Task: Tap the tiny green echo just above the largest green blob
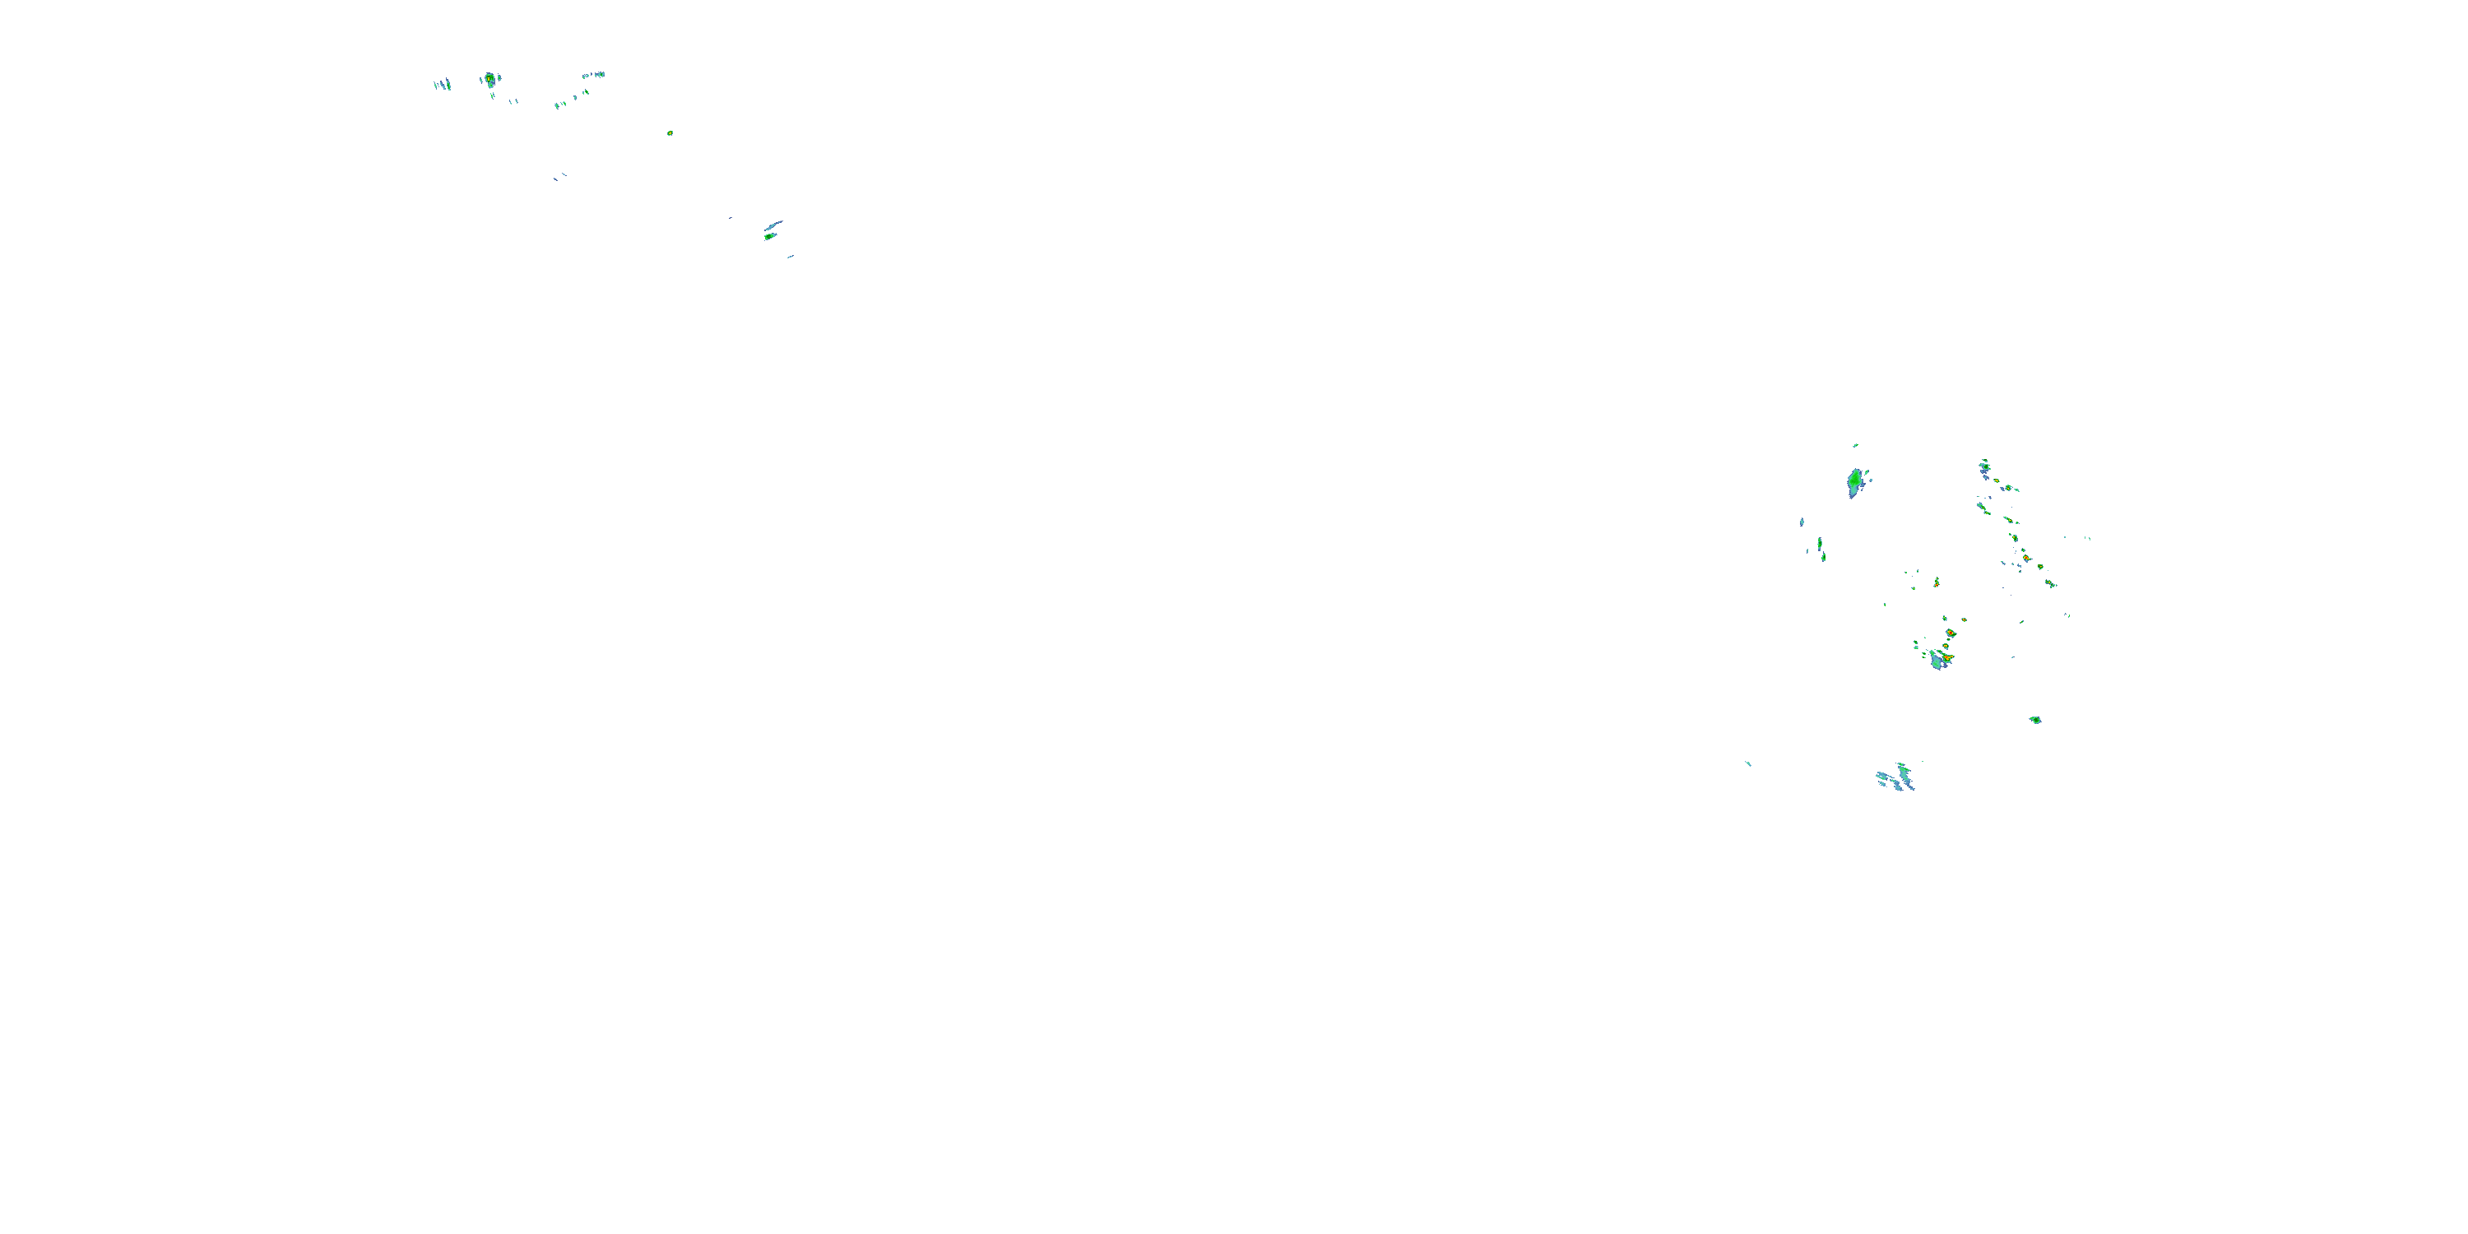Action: (x=1855, y=446)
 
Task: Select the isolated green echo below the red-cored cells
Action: (x=2035, y=720)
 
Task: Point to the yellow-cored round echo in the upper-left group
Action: (x=489, y=78)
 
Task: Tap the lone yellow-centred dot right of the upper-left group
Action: (x=670, y=133)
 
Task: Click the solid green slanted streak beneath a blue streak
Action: (x=769, y=235)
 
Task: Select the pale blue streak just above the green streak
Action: (x=774, y=225)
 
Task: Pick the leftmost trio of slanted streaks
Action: (x=443, y=84)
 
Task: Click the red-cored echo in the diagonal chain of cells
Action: (x=2026, y=558)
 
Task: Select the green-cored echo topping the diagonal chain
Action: (x=1984, y=465)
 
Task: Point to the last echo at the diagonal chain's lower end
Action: (x=2049, y=582)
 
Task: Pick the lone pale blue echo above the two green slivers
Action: (x=1801, y=522)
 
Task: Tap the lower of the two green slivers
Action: (x=1822, y=555)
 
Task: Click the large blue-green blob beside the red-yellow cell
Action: (x=1937, y=660)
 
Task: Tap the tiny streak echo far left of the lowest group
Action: (x=1748, y=763)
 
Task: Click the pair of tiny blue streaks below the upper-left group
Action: (x=559, y=176)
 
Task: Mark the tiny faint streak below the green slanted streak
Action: (x=791, y=257)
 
